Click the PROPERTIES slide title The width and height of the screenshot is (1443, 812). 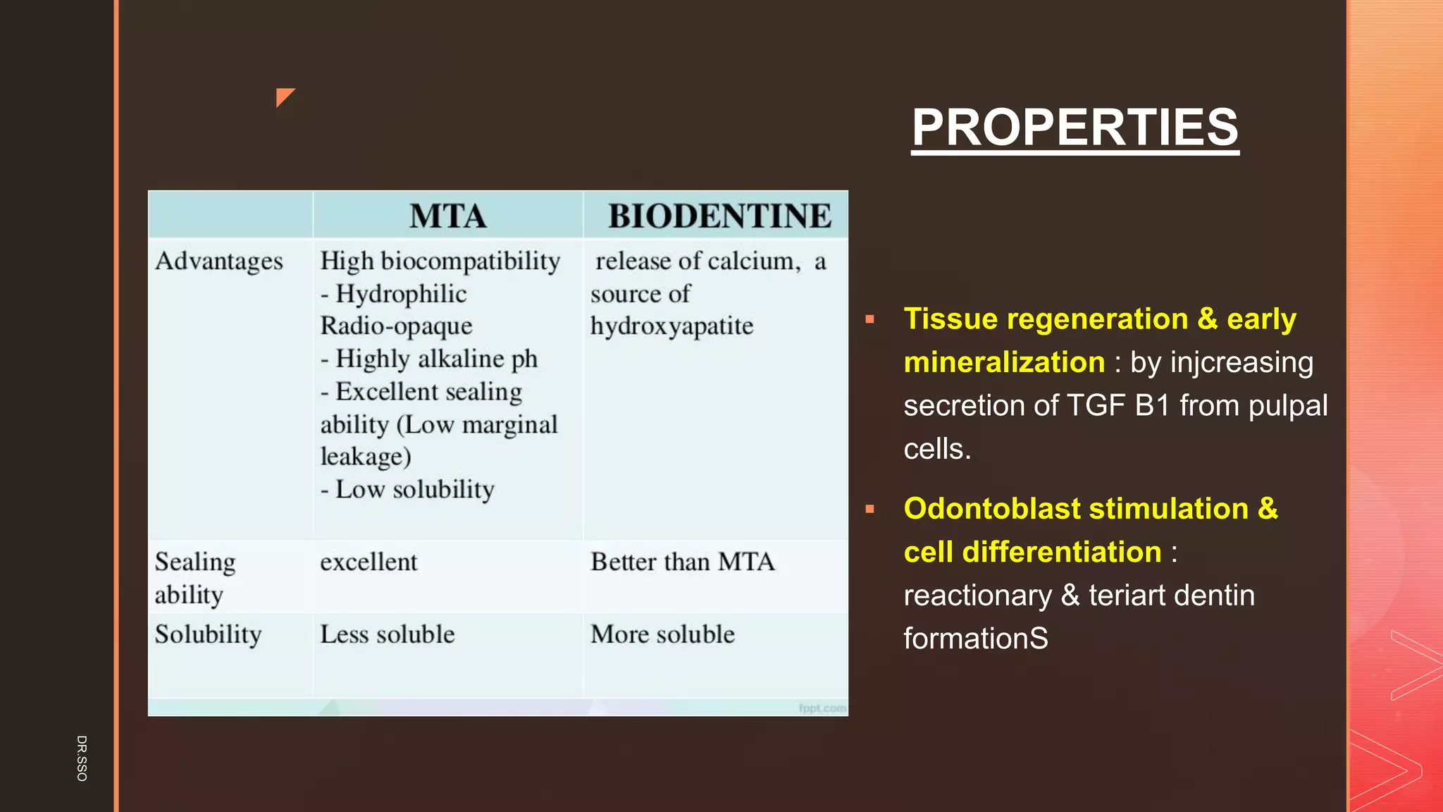[1074, 128]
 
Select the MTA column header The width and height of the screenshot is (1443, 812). [448, 216]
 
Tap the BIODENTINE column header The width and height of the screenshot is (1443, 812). [719, 216]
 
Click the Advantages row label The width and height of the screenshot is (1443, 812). [219, 262]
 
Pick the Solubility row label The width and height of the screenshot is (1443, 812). [208, 634]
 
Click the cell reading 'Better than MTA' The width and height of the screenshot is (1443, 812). [682, 562]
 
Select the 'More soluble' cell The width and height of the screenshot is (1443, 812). [662, 634]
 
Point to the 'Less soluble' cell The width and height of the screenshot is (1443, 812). [387, 634]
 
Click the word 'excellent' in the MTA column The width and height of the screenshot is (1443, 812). [369, 562]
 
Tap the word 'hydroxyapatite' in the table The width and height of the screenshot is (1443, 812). [671, 326]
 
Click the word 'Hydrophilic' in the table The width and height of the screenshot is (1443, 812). [401, 294]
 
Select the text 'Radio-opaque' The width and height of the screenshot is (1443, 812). [396, 326]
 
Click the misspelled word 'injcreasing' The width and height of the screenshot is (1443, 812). [1241, 362]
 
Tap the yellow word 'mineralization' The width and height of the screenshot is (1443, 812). [1004, 362]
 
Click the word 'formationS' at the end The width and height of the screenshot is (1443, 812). [976, 639]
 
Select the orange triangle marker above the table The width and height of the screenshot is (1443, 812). [283, 96]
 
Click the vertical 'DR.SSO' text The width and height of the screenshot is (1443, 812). [82, 758]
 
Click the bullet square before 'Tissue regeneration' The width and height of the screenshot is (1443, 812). [870, 319]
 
